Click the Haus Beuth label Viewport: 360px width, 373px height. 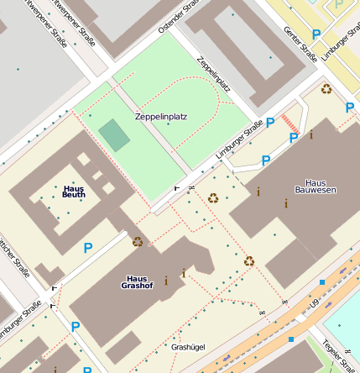74,192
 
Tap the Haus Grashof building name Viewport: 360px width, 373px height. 137,281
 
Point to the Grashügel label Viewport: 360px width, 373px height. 187,346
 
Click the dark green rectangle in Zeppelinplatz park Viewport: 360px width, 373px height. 114,134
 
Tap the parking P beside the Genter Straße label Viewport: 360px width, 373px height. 316,34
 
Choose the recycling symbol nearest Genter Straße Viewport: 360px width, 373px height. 326,88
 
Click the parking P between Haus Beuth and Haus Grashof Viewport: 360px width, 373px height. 87,248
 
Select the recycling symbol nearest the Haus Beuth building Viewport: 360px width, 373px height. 138,242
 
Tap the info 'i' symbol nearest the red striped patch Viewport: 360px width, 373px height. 311,134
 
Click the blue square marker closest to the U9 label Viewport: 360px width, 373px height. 291,339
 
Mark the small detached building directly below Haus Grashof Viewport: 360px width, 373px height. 123,347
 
